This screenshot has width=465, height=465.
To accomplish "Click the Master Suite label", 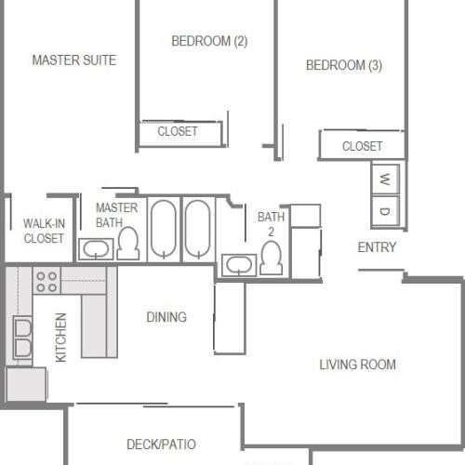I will point(73,60).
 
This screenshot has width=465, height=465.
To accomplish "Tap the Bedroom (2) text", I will point(209,41).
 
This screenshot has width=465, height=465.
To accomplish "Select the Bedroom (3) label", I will point(344,65).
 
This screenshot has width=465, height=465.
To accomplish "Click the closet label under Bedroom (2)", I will point(178,132).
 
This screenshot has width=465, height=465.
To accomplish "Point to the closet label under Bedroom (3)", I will point(362,146).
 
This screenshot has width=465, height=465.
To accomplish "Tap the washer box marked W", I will point(385,178).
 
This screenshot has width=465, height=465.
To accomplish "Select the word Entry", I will point(377,247).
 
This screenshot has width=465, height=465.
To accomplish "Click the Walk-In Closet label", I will point(44,231).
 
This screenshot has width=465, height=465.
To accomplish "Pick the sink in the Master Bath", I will point(95,249).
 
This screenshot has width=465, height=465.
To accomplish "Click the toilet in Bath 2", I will point(272,257).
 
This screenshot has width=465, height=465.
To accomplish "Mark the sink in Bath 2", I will point(239,264).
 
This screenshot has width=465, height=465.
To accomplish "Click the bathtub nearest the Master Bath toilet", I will point(164,230).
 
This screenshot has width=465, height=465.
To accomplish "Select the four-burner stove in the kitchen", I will point(46,280).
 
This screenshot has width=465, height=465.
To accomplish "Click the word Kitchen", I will point(61,338).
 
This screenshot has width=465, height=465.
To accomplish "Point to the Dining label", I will point(166,317).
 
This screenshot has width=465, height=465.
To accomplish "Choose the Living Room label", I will point(358,365).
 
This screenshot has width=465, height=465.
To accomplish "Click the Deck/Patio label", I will point(161,445).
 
